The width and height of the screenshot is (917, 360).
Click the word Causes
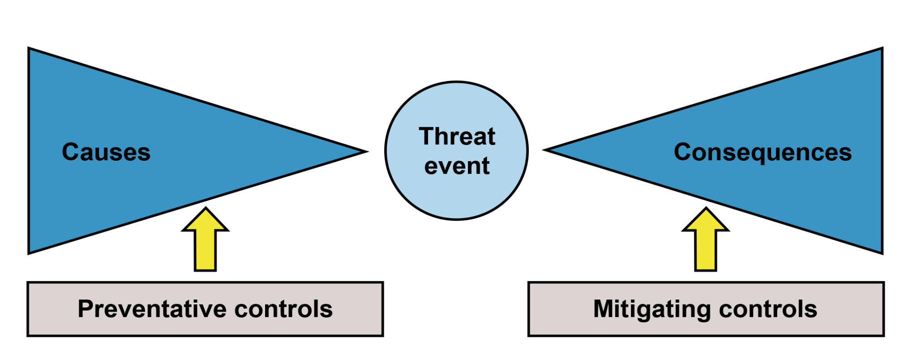106,152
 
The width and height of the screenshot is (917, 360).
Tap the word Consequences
763,153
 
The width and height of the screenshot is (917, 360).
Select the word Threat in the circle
457,136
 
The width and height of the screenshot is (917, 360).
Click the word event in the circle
457,166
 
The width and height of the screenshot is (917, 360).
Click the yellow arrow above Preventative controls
206,239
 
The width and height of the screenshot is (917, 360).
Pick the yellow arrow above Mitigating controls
706,239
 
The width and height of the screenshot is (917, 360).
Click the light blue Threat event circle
457,150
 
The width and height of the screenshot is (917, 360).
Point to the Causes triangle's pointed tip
367,151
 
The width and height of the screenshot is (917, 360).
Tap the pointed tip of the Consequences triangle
544,150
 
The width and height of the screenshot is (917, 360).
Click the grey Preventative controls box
206,309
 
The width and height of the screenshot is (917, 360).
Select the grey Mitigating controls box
706,309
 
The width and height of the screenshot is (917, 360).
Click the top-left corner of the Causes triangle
29,48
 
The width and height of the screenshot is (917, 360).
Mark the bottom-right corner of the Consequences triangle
883,254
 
